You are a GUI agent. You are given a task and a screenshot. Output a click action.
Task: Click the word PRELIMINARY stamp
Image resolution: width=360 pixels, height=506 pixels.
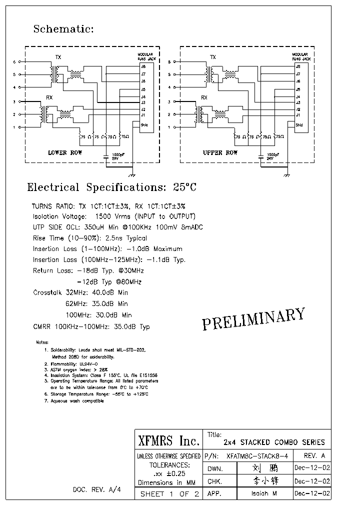click(253, 319)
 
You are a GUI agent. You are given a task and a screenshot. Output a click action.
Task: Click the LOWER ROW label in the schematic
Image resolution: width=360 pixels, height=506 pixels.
click(65, 152)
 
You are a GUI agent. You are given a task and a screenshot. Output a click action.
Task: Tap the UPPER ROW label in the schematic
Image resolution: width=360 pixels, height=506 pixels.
click(220, 152)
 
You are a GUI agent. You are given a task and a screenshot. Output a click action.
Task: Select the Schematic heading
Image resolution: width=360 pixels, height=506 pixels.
click(63, 29)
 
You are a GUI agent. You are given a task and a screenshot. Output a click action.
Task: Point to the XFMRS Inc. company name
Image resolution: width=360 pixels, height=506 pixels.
click(168, 441)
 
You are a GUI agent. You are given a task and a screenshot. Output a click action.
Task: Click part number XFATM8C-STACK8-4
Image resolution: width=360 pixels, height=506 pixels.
click(257, 456)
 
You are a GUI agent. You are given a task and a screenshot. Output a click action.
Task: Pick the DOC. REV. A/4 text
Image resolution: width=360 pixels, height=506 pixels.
click(96, 489)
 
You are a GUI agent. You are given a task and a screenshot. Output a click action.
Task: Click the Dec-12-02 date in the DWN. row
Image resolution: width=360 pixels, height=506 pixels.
click(312, 469)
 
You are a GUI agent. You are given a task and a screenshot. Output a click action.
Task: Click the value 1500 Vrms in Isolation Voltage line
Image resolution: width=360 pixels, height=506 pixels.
click(120, 216)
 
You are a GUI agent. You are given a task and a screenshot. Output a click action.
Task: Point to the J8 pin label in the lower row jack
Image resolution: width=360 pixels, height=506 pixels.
click(143, 66)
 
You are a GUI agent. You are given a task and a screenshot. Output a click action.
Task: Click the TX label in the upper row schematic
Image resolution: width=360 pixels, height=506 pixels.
click(213, 57)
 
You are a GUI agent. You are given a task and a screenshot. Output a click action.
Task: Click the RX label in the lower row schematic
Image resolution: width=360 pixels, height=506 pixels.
click(49, 97)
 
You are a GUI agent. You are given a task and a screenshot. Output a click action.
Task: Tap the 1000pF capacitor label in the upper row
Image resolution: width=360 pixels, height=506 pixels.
click(272, 154)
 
